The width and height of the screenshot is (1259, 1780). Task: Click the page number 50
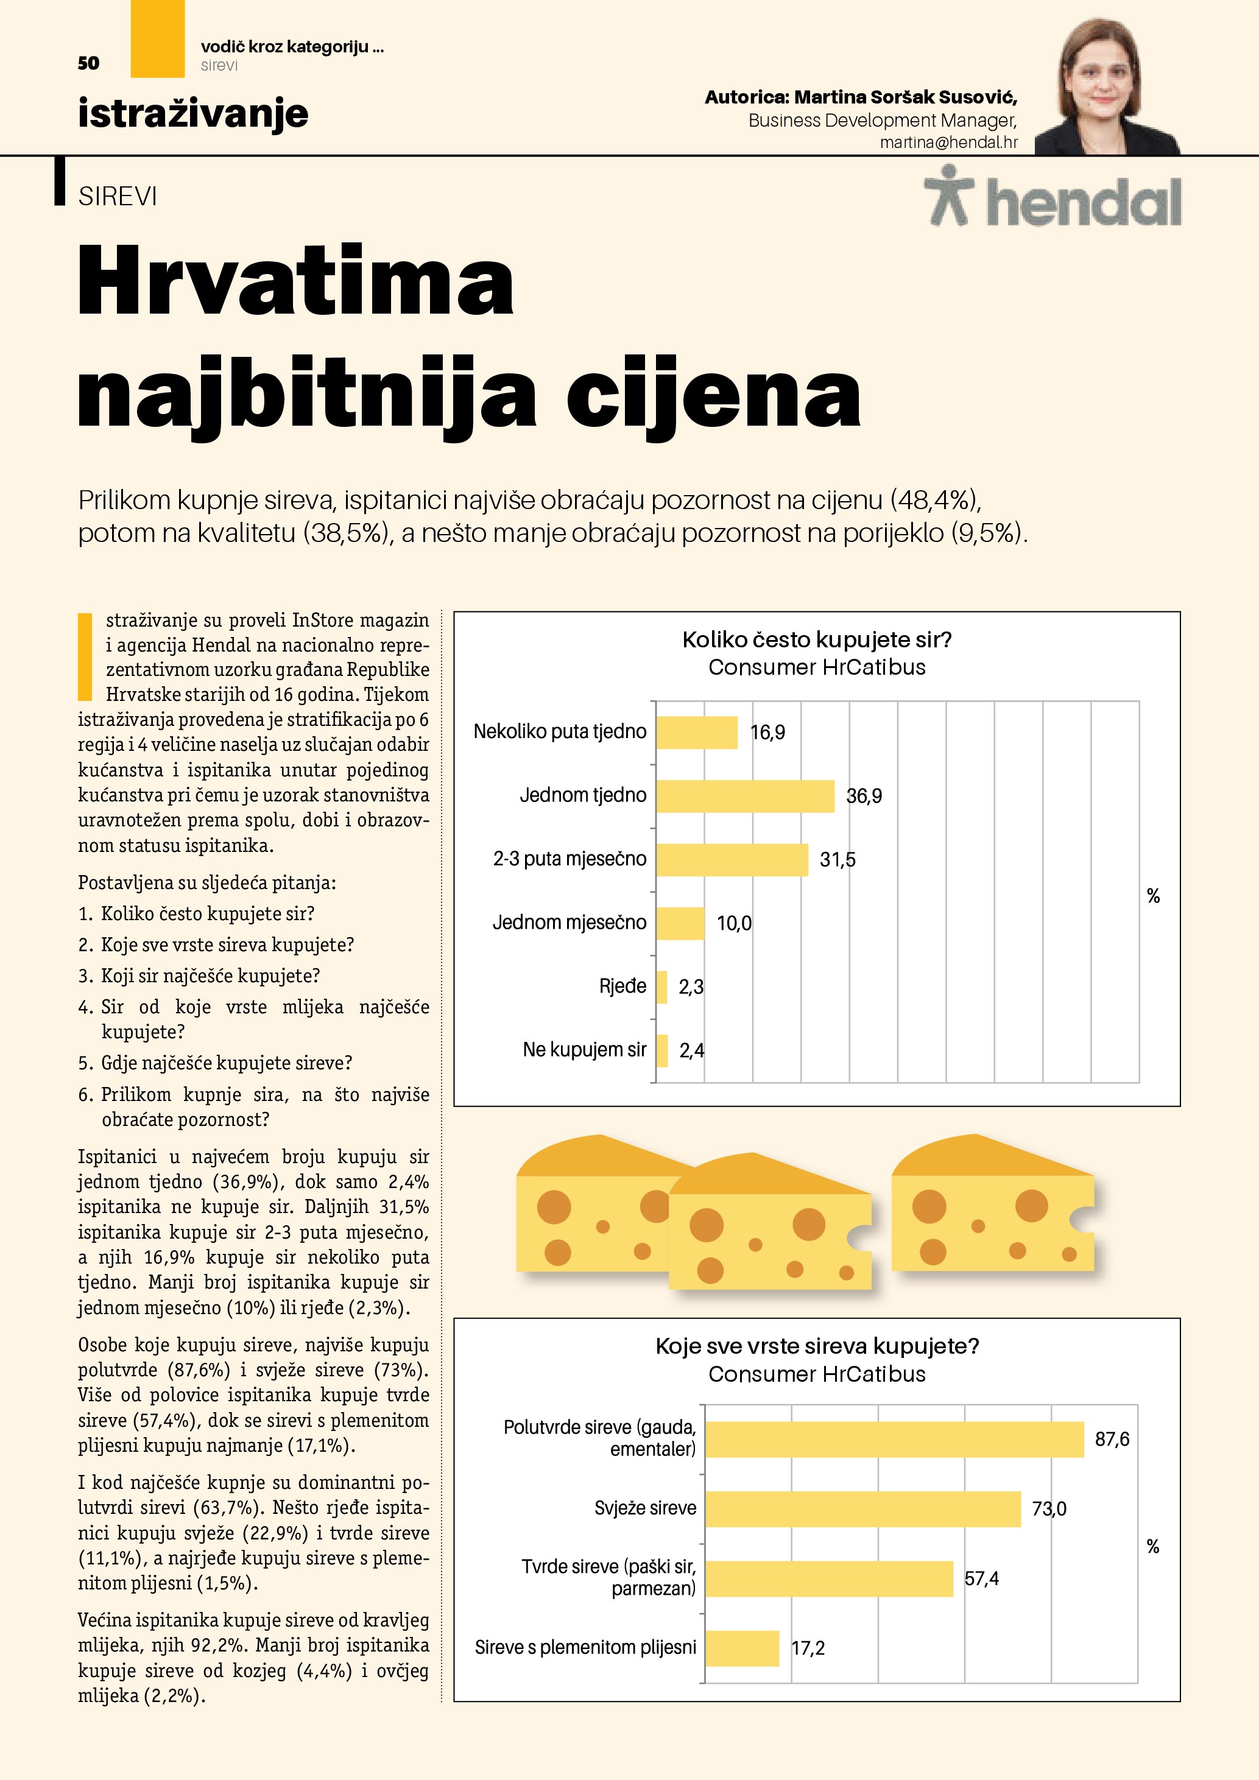(88, 63)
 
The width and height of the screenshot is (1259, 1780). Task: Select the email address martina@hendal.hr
(948, 142)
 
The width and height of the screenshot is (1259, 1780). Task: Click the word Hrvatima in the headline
(295, 281)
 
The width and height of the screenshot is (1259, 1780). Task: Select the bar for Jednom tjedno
(745, 796)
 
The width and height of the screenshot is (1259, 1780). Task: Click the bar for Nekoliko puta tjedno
(696, 733)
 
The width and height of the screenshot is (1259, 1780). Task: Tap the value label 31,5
(838, 860)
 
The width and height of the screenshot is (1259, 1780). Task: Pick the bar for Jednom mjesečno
(680, 923)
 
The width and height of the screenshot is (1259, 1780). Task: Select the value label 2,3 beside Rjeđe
(691, 987)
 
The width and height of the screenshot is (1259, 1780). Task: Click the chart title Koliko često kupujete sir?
(816, 639)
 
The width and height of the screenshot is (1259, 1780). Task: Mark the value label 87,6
(1112, 1440)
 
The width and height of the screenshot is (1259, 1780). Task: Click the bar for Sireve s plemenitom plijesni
(742, 1648)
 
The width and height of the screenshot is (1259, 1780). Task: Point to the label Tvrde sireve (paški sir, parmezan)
(608, 1578)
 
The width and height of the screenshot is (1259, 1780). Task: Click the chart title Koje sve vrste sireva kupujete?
(816, 1346)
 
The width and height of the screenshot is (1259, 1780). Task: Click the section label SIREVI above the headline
(118, 197)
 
